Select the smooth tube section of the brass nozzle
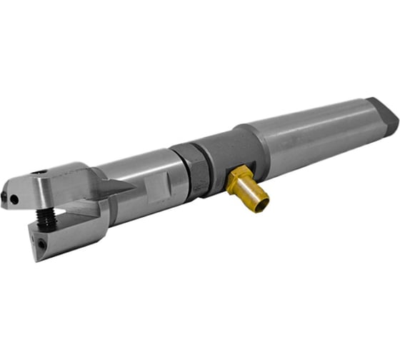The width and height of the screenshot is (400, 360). click(x=251, y=190)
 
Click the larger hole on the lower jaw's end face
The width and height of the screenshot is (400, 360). click(x=44, y=244)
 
